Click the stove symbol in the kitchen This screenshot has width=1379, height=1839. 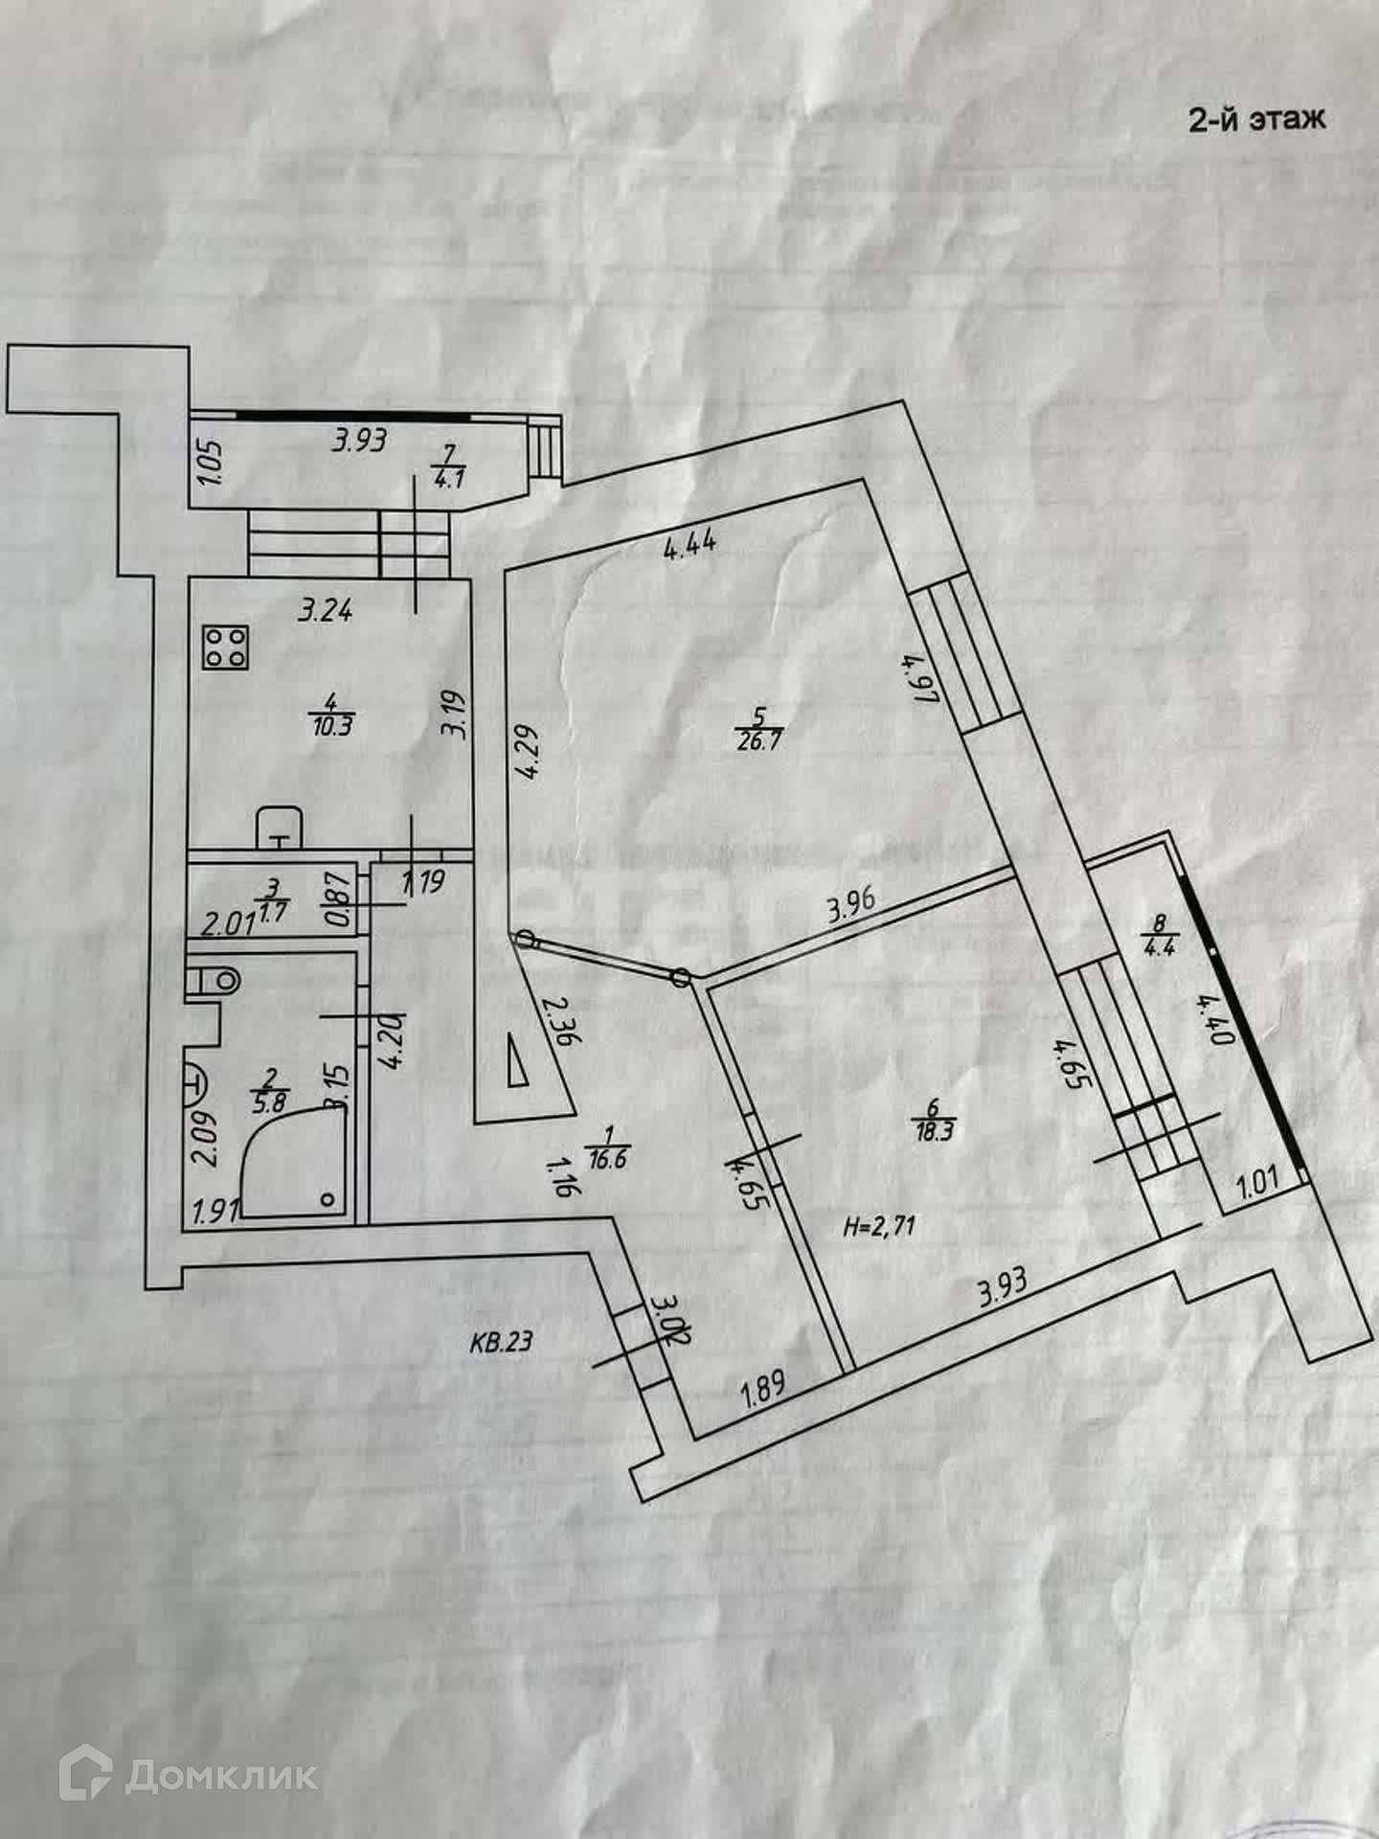point(227,647)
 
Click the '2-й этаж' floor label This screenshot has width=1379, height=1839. point(1256,120)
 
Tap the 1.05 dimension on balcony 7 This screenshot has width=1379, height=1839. point(213,462)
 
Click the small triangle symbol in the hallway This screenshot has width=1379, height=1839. point(518,1063)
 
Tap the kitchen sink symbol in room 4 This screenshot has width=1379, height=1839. point(279,828)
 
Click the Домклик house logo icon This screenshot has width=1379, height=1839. point(87,1776)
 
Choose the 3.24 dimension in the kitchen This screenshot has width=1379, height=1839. point(326,609)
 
